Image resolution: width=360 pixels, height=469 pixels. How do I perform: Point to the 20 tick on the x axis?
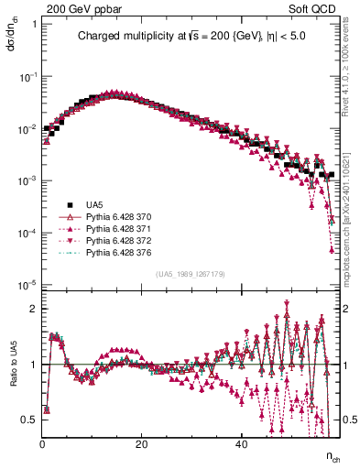tap(141, 444)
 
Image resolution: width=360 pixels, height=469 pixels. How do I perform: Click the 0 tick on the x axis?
tap(43, 444)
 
